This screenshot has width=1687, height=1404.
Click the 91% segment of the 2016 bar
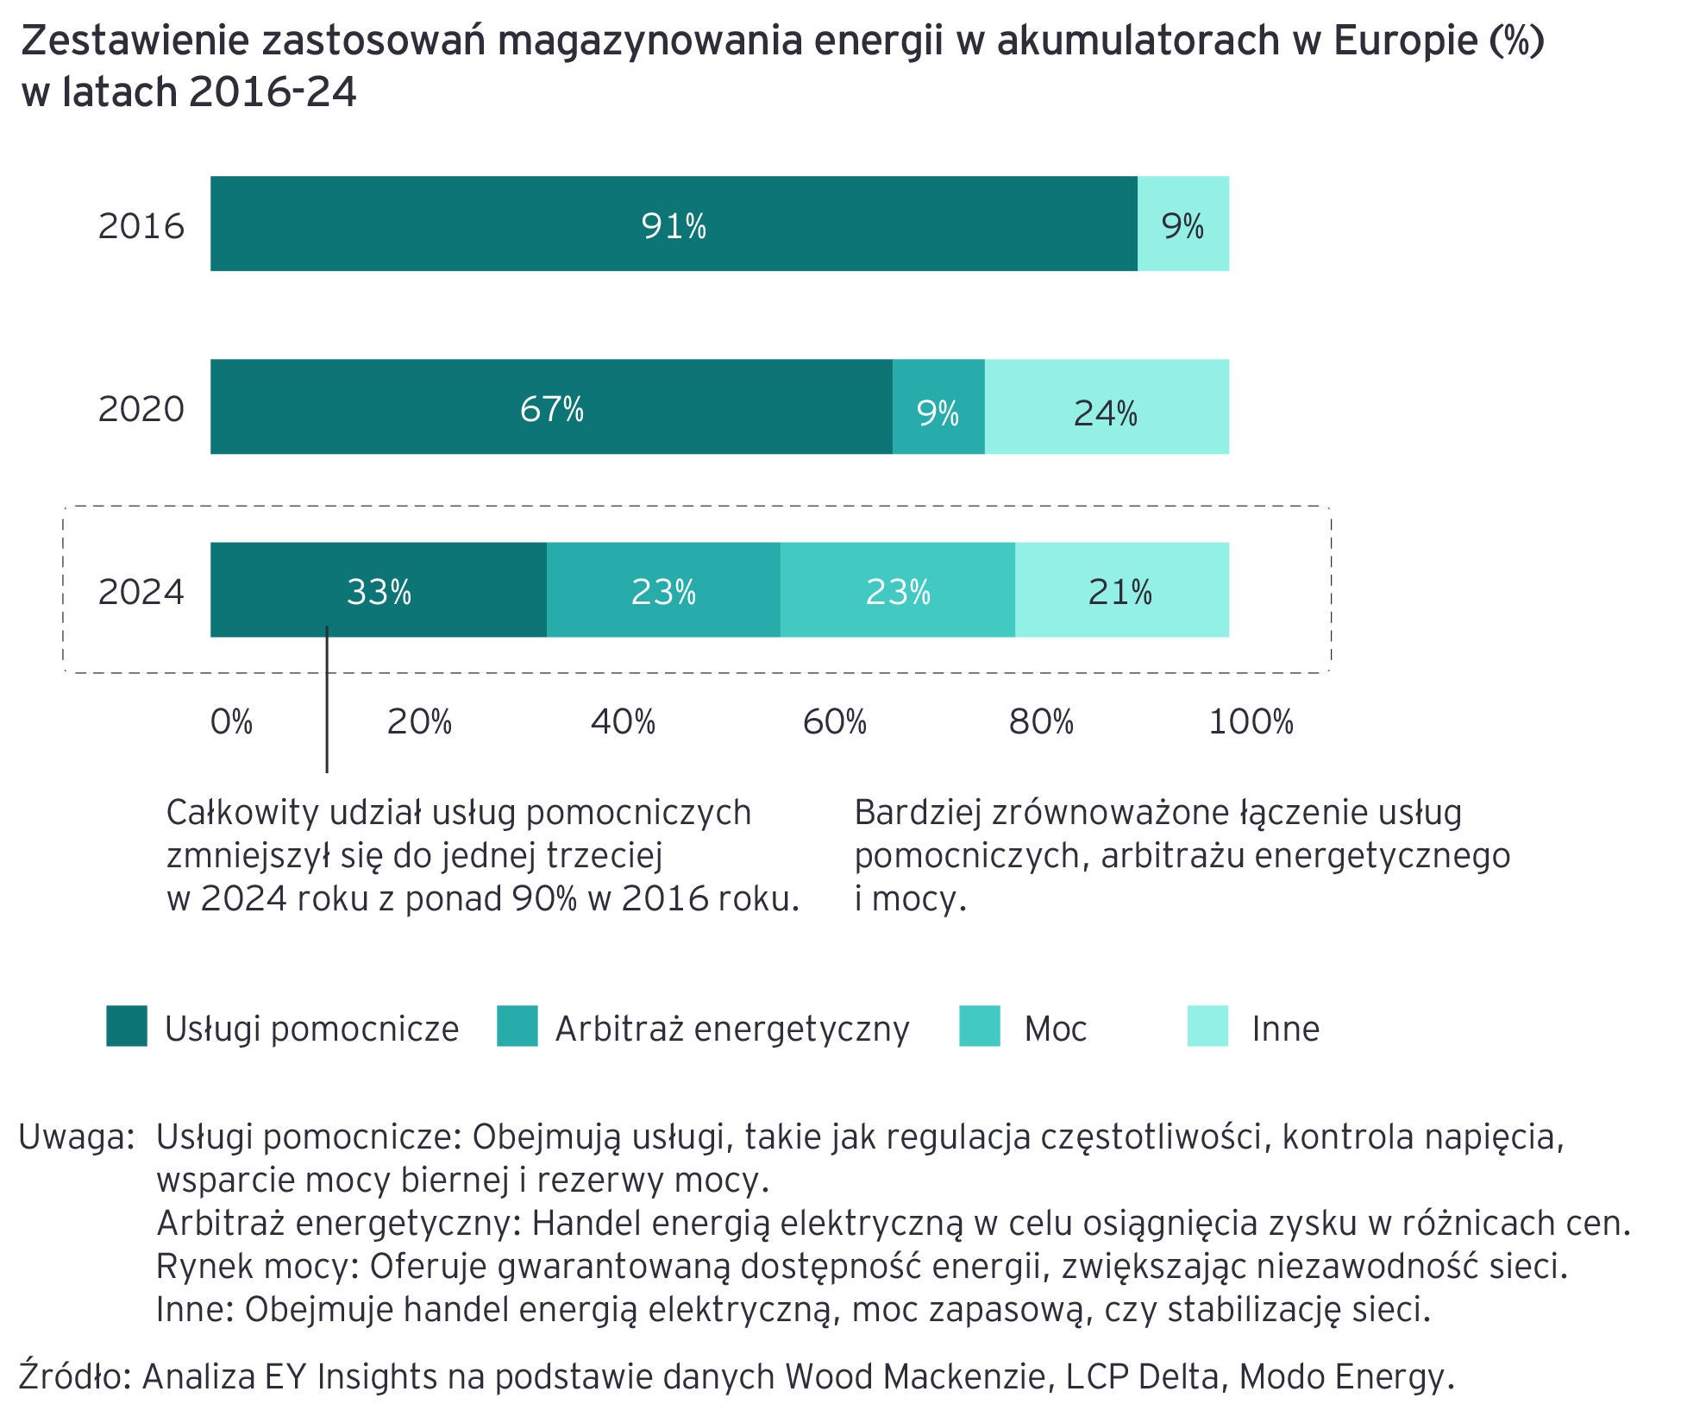[x=674, y=224]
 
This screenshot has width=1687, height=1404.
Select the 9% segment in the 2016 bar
[x=1182, y=224]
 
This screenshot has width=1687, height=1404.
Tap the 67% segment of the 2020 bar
[x=551, y=407]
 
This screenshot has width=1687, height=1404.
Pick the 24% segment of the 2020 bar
[x=1107, y=407]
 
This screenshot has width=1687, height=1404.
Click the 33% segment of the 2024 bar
[x=379, y=590]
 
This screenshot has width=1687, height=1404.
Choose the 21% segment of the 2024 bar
[x=1121, y=590]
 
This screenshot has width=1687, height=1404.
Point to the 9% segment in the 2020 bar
[x=938, y=407]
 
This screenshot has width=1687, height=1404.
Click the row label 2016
[x=141, y=226]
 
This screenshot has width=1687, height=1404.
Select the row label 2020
[x=141, y=409]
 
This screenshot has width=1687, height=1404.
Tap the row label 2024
[x=141, y=592]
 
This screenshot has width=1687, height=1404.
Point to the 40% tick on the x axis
[x=623, y=721]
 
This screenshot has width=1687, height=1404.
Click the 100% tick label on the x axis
[x=1251, y=721]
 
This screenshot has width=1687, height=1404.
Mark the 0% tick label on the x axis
[x=231, y=721]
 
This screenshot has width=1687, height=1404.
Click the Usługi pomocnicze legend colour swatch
[x=127, y=1026]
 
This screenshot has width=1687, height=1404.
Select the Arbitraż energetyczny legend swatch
[x=517, y=1026]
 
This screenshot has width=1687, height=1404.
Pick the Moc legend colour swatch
[x=980, y=1026]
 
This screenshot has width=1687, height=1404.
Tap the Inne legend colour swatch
[x=1207, y=1026]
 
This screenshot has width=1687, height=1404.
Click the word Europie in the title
[x=1404, y=41]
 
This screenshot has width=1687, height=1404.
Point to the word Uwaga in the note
[x=76, y=1137]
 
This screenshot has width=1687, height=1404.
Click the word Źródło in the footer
[x=73, y=1376]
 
